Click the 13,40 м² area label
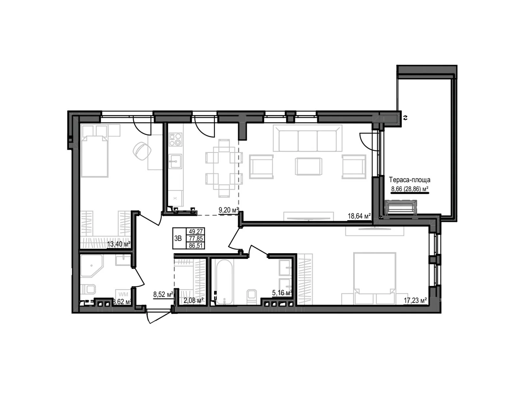click(x=119, y=244)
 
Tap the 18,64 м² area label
click(x=359, y=216)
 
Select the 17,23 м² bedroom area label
click(x=415, y=300)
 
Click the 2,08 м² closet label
click(x=193, y=300)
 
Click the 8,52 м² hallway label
click(x=163, y=295)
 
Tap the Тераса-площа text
click(x=409, y=180)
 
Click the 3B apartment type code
click(x=178, y=238)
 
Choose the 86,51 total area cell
click(x=196, y=246)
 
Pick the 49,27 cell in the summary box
click(x=196, y=231)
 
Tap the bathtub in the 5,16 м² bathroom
click(x=224, y=281)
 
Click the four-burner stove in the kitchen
click(x=175, y=139)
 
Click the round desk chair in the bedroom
click(x=142, y=150)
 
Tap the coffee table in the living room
click(x=308, y=167)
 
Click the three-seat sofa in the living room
click(x=308, y=140)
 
